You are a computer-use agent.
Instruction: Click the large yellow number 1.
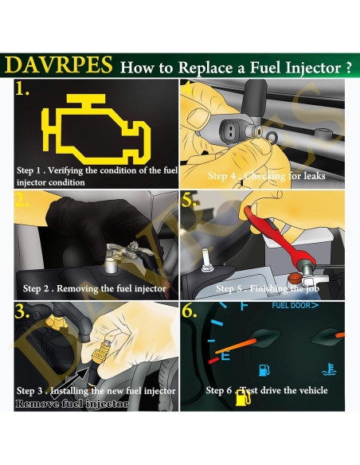(x=22, y=91)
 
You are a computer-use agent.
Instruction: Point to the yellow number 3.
(x=22, y=313)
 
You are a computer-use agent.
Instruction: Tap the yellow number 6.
(x=190, y=312)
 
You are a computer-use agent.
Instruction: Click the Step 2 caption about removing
(x=94, y=288)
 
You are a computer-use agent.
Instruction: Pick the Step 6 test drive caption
(x=266, y=390)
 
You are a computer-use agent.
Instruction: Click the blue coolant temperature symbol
(x=327, y=369)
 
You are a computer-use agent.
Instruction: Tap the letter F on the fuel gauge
(x=244, y=307)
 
